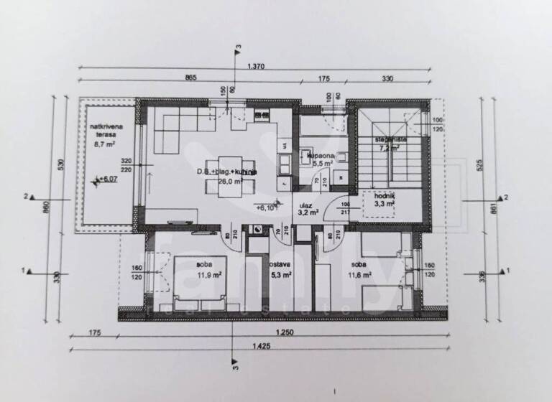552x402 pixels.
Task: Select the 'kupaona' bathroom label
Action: click(x=320, y=155)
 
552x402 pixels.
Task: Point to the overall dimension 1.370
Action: click(x=257, y=67)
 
